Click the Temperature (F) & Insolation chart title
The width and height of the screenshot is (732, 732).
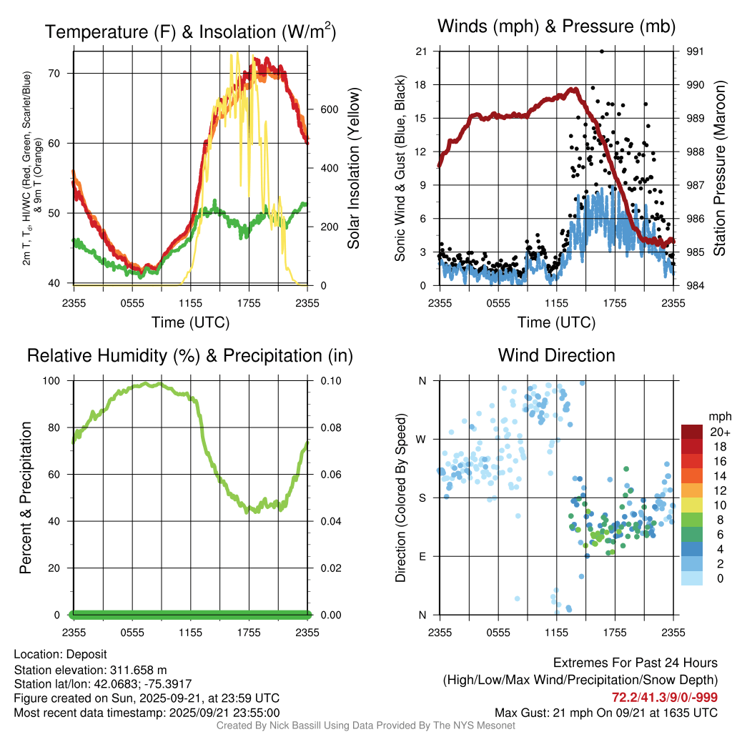(190, 32)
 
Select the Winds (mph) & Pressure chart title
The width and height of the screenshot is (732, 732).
(556, 27)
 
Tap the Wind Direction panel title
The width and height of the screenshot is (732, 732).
(556, 355)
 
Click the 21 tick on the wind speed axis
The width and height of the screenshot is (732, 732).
(422, 51)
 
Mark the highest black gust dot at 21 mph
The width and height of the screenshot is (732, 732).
(602, 51)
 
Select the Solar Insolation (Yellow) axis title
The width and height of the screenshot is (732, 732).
(353, 169)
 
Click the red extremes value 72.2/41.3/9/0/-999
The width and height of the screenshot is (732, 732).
(665, 697)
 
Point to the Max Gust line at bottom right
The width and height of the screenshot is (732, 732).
(606, 713)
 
